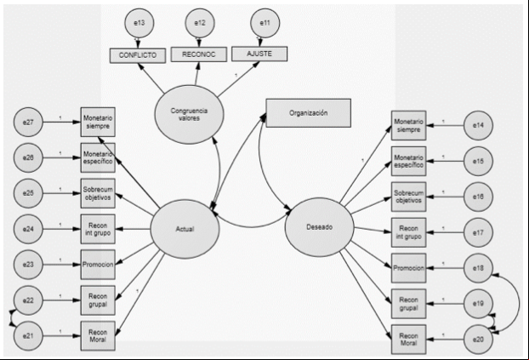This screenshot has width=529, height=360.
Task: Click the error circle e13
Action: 139,23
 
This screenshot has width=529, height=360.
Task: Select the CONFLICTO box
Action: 138,55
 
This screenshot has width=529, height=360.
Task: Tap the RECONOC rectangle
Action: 199,54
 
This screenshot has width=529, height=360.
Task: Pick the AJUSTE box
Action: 259,54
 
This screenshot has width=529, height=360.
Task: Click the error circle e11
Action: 265,23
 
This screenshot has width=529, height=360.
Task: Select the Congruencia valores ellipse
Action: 190,115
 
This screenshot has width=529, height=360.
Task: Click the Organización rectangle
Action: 309,113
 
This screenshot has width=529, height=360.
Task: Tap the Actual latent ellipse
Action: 185,229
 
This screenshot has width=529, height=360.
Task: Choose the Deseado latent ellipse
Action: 320,227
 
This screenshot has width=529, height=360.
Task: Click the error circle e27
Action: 28,122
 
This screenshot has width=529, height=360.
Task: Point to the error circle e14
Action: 478,125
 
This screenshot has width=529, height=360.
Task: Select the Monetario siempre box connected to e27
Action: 98,122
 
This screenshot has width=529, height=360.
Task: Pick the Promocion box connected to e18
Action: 408,268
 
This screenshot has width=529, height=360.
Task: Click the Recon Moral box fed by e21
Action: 98,335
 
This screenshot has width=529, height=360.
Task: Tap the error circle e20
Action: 478,340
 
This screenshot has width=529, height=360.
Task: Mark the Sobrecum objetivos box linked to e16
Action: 408,197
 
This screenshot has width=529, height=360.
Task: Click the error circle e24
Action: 28,229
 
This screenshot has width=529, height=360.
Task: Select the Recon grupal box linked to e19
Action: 408,304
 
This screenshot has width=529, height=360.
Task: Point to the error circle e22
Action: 28,300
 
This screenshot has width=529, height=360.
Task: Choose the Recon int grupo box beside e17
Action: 408,232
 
